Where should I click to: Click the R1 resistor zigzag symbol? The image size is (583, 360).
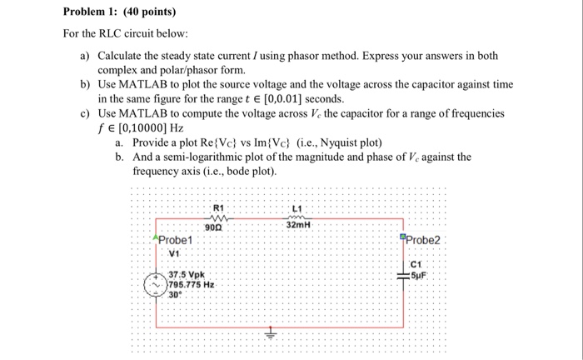(219, 216)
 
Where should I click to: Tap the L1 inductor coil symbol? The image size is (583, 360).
(297, 216)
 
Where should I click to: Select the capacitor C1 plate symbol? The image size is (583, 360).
(404, 276)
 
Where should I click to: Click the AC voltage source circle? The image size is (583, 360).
(155, 284)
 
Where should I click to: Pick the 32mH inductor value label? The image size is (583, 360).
(298, 226)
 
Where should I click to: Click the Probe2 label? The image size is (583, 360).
(424, 241)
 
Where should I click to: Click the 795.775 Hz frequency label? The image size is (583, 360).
(192, 284)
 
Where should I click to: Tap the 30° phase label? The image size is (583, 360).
(176, 294)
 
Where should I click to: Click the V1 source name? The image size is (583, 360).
(175, 252)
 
